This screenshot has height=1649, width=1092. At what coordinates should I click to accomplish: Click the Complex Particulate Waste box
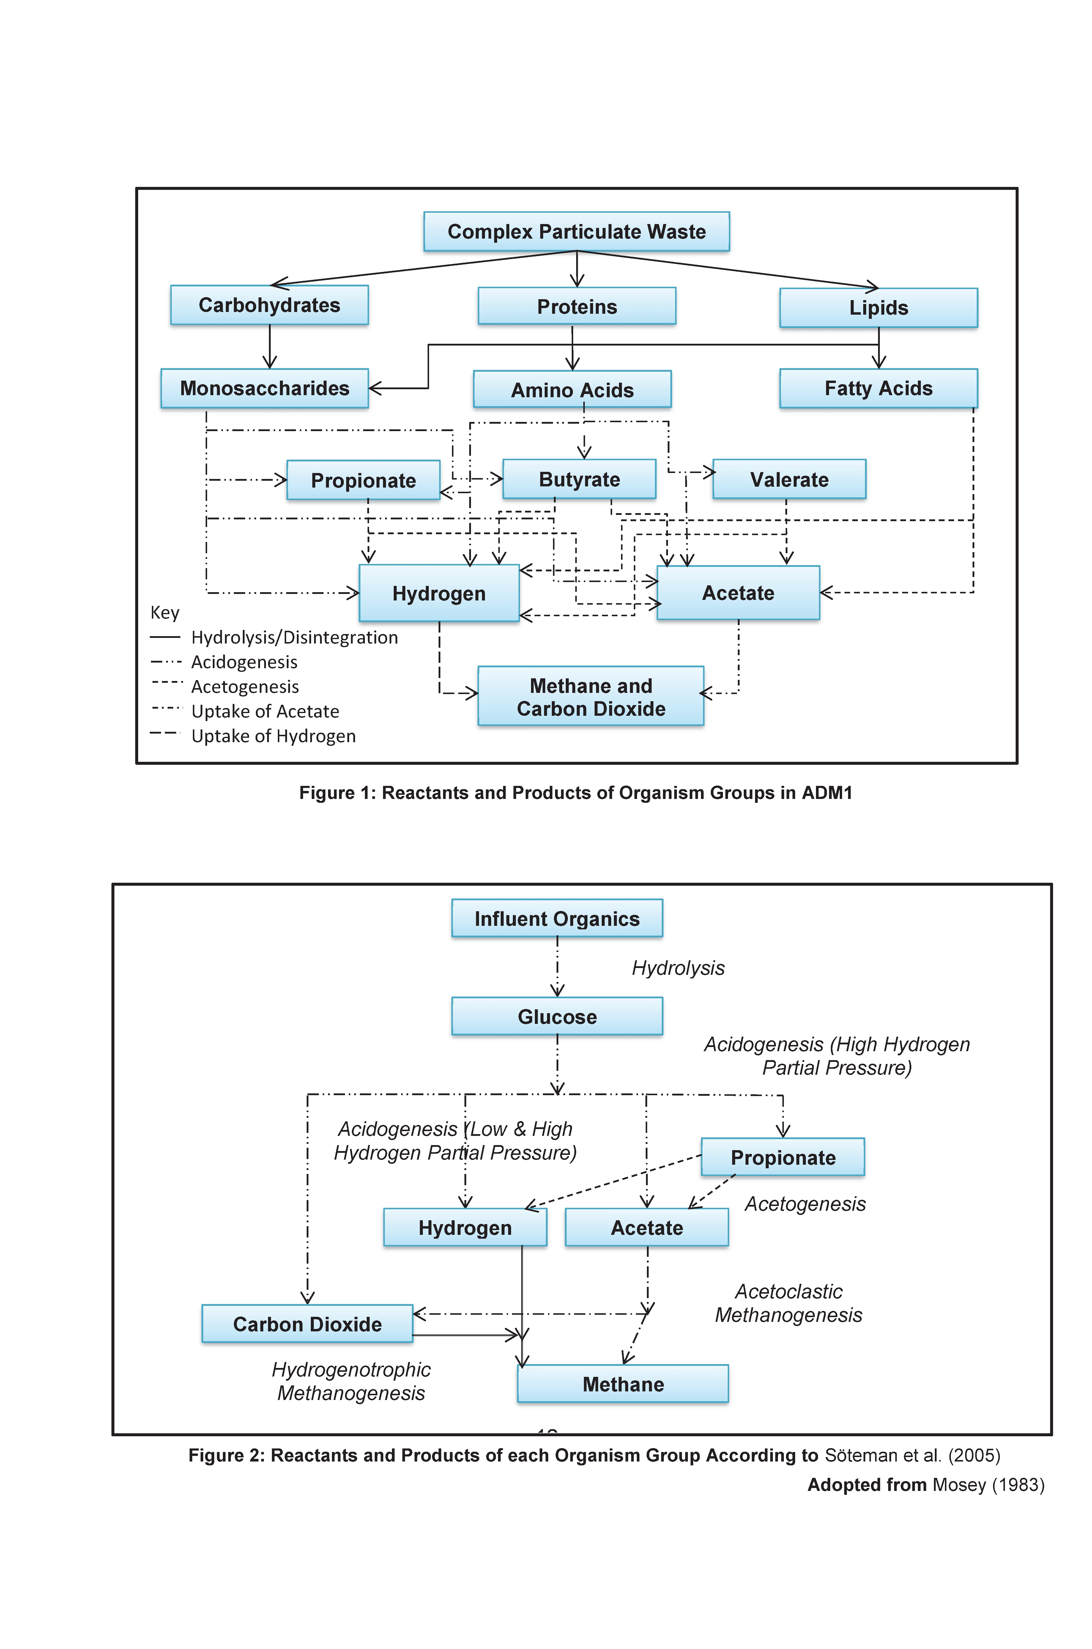[577, 231]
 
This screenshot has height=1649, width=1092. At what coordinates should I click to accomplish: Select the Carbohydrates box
[270, 305]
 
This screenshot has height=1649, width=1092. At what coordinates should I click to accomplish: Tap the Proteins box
[577, 306]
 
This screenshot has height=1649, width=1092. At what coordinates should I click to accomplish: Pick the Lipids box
[879, 308]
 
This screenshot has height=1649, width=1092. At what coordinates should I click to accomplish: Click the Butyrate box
[579, 479]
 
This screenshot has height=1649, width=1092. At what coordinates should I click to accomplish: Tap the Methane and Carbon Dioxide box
[591, 696]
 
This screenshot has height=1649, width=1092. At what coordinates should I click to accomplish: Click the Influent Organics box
[557, 918]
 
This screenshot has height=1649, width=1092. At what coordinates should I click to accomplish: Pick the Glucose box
[557, 1017]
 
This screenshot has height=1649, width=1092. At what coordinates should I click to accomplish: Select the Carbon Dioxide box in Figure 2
[307, 1324]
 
